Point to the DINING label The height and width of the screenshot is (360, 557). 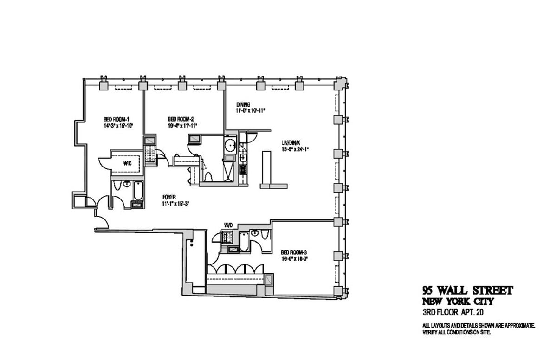[x=243, y=104]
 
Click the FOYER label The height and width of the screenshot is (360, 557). [x=169, y=197]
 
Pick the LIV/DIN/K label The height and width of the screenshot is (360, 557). [x=291, y=143]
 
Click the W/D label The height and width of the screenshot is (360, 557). [x=228, y=225]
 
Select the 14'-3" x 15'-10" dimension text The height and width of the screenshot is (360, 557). [x=119, y=125]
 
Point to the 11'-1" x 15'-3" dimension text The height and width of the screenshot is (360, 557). [x=176, y=204]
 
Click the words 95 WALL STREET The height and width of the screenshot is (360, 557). [x=467, y=291]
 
